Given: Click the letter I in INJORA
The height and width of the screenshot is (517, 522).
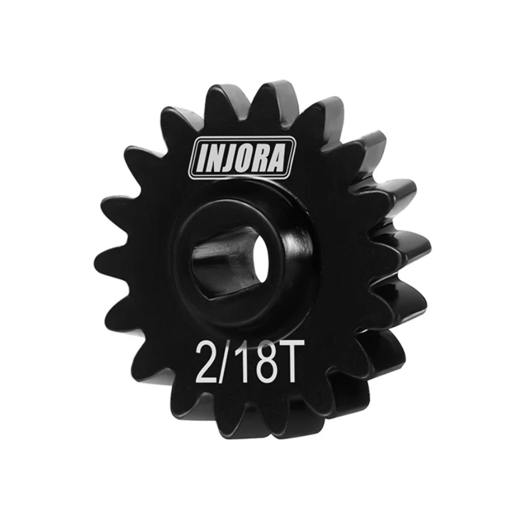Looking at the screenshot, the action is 201,158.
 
